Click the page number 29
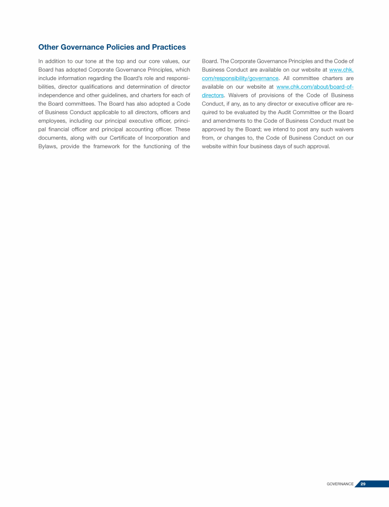pos(363,484)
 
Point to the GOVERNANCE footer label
pos(340,484)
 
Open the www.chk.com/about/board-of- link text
pos(315,87)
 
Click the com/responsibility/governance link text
pos(240,78)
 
